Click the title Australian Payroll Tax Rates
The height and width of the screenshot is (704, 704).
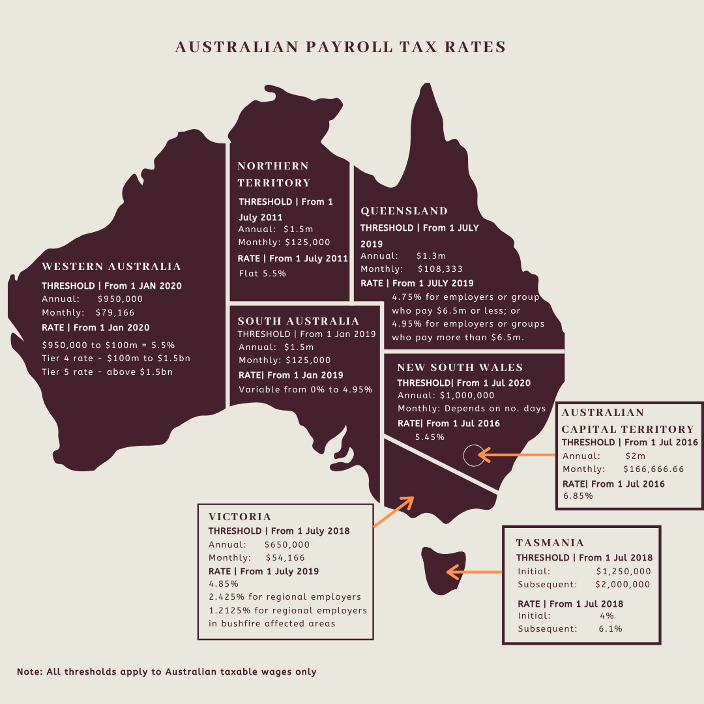click(x=340, y=48)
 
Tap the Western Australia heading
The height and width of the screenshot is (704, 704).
click(x=111, y=267)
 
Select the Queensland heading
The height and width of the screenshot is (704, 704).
click(x=404, y=211)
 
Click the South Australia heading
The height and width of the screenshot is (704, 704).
click(x=299, y=321)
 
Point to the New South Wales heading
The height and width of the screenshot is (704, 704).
click(x=460, y=368)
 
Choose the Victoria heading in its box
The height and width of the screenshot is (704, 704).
click(x=240, y=517)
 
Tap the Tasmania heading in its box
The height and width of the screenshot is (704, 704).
click(x=550, y=543)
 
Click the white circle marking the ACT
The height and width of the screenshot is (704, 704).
click(x=474, y=455)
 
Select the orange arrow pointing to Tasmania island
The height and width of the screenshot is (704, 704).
click(x=473, y=572)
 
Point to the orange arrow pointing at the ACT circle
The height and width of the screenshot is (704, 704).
click(x=516, y=455)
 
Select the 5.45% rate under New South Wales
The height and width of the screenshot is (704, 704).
click(x=430, y=437)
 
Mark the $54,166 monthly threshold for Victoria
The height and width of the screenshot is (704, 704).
click(x=286, y=558)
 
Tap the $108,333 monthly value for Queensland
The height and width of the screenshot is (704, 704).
click(x=441, y=269)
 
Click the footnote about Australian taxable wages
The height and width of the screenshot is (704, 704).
click(x=167, y=671)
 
